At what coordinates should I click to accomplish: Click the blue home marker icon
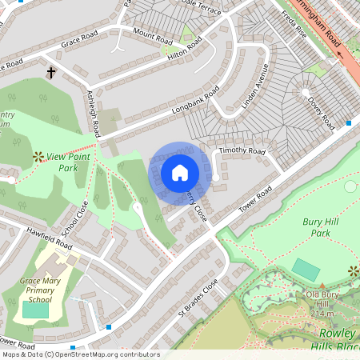(180, 173)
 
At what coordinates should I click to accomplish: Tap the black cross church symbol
(52, 73)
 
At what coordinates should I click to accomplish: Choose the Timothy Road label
(244, 150)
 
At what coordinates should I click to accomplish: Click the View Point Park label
(72, 162)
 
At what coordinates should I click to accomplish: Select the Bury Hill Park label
(327, 227)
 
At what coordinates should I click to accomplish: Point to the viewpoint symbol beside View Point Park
(37, 156)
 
